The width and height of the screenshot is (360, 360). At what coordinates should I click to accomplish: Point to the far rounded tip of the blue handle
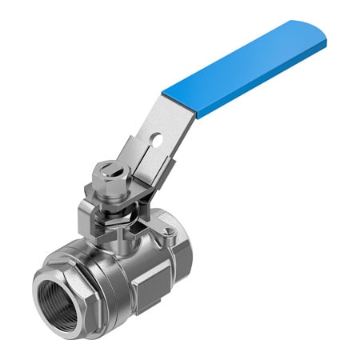[320, 32]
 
